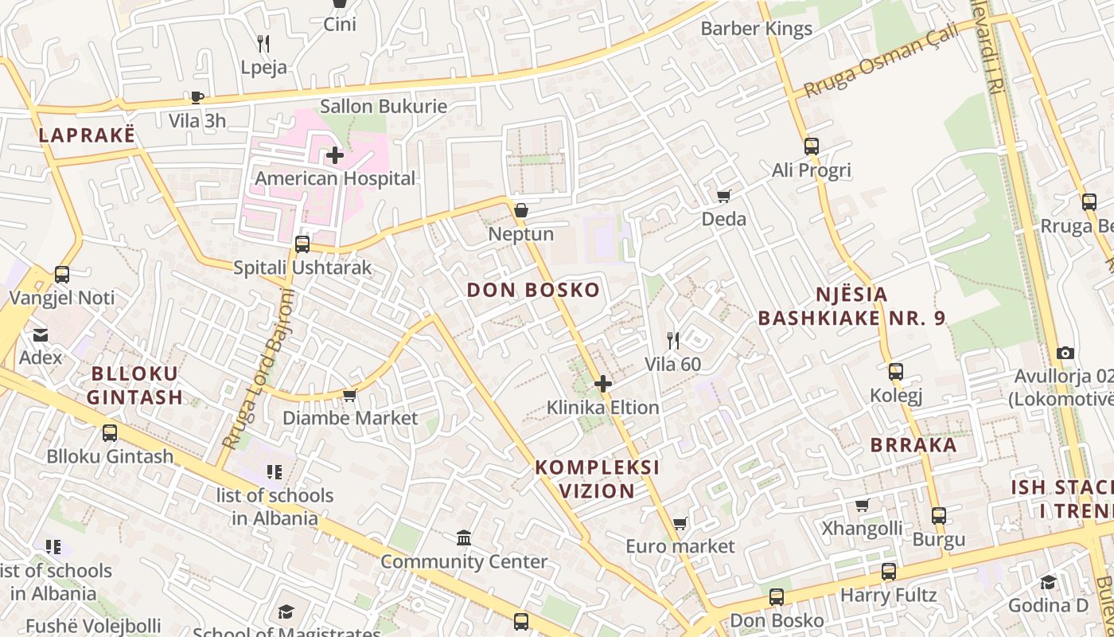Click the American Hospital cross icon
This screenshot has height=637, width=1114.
click(x=335, y=155)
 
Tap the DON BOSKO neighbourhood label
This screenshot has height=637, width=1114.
click(x=533, y=290)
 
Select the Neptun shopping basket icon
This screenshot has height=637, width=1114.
click(x=520, y=211)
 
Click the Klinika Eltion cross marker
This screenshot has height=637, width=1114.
click(x=603, y=384)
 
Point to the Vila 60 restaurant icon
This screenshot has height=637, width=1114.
click(x=673, y=341)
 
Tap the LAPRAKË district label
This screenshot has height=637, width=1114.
click(x=87, y=135)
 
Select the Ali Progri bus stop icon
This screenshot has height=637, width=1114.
click(x=811, y=147)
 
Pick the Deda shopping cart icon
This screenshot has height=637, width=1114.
click(x=723, y=196)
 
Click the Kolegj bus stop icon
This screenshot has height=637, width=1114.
click(x=896, y=372)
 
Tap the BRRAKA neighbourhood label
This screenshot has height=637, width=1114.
click(x=913, y=445)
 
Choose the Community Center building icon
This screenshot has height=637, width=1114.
click(x=464, y=538)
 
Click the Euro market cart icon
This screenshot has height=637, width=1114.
click(x=680, y=523)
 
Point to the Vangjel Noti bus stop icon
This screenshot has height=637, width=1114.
click(x=62, y=275)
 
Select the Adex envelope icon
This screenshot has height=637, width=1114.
click(x=40, y=334)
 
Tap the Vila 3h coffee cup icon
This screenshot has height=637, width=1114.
click(x=197, y=97)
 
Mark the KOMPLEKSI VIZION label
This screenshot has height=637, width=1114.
click(x=597, y=479)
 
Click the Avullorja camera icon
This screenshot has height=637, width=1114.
click(x=1065, y=353)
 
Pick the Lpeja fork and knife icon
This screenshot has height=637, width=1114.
click(x=263, y=44)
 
